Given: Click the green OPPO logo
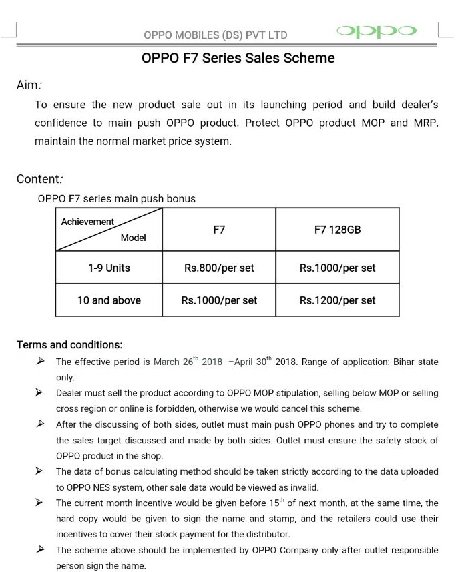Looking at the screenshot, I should [x=377, y=31].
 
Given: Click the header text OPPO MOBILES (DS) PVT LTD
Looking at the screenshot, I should [x=215, y=35].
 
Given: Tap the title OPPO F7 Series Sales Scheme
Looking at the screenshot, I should [x=238, y=58].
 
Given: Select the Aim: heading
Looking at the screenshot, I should [x=29, y=85].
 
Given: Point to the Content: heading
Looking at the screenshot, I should [x=39, y=179].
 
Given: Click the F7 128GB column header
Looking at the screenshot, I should [x=337, y=230].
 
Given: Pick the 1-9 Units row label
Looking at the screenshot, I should [x=109, y=268].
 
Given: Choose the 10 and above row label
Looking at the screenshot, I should [x=109, y=300].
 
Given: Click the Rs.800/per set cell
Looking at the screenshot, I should [x=219, y=268].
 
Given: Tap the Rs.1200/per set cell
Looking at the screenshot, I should [x=337, y=300].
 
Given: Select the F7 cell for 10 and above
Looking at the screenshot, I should [x=219, y=300].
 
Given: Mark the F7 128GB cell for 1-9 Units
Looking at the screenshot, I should [x=337, y=268].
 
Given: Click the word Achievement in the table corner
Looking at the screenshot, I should [x=87, y=222].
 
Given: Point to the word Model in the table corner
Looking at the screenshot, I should [x=133, y=238].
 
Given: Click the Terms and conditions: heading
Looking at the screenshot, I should [x=69, y=345].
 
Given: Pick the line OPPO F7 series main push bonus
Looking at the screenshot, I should [x=117, y=198].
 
